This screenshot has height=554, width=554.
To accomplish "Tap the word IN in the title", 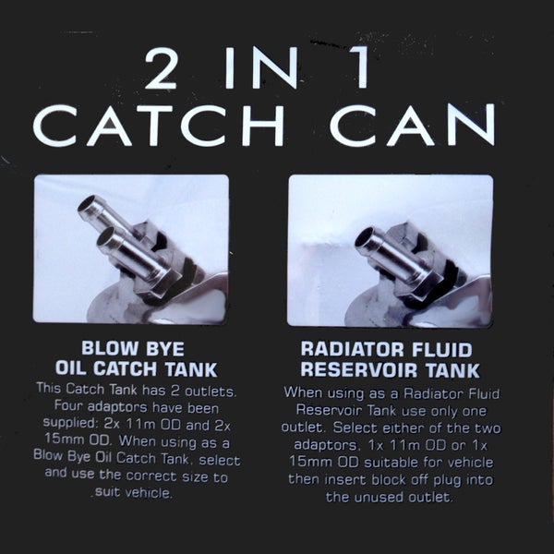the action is pyautogui.click(x=261, y=67).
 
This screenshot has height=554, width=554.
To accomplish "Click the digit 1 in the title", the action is pyautogui.click(x=360, y=67).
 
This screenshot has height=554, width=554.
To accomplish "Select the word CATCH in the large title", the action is pyautogui.click(x=158, y=126).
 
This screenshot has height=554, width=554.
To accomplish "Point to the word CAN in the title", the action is pyautogui.click(x=412, y=125).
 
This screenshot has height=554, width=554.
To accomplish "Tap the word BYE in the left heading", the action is pyautogui.click(x=165, y=349).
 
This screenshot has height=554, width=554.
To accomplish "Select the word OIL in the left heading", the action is pyautogui.click(x=70, y=367).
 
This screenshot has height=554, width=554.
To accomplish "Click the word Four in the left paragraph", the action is pyautogui.click(x=67, y=405).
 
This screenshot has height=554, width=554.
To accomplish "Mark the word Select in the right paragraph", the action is pyautogui.click(x=355, y=428).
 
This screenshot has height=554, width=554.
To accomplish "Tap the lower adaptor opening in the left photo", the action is pyautogui.click(x=106, y=236).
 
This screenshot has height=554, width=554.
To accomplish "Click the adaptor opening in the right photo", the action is pyautogui.click(x=364, y=237).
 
